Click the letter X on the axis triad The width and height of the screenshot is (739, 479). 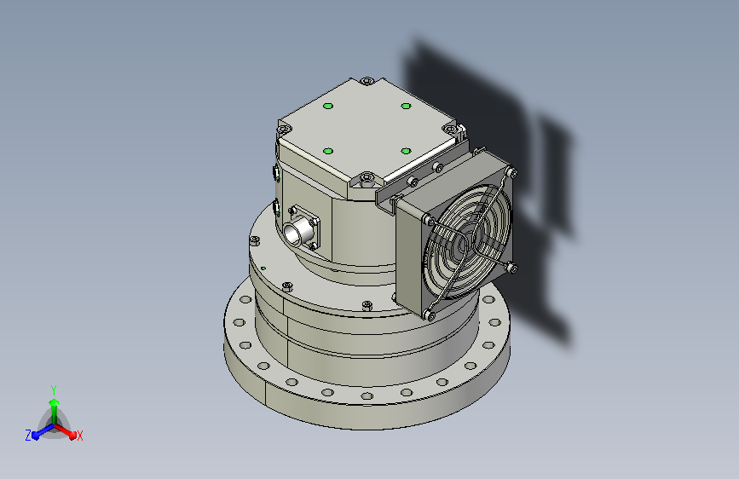pyautogui.click(x=79, y=436)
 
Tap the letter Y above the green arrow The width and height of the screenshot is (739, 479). pyautogui.click(x=54, y=390)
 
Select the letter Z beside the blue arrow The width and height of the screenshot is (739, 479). pyautogui.click(x=28, y=435)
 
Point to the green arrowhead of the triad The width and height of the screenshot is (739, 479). pyautogui.click(x=55, y=403)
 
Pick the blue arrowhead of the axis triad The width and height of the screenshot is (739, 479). pyautogui.click(x=37, y=435)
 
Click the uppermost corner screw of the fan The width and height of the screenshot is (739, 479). pyautogui.click(x=513, y=171)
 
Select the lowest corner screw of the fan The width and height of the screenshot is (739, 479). pyautogui.click(x=429, y=315)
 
